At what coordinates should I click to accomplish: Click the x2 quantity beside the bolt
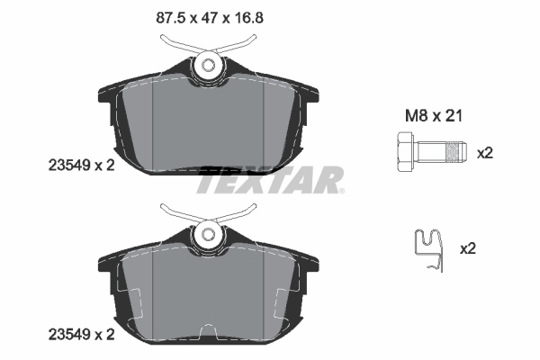(x=485, y=153)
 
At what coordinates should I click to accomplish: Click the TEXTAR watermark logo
(x=270, y=180)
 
